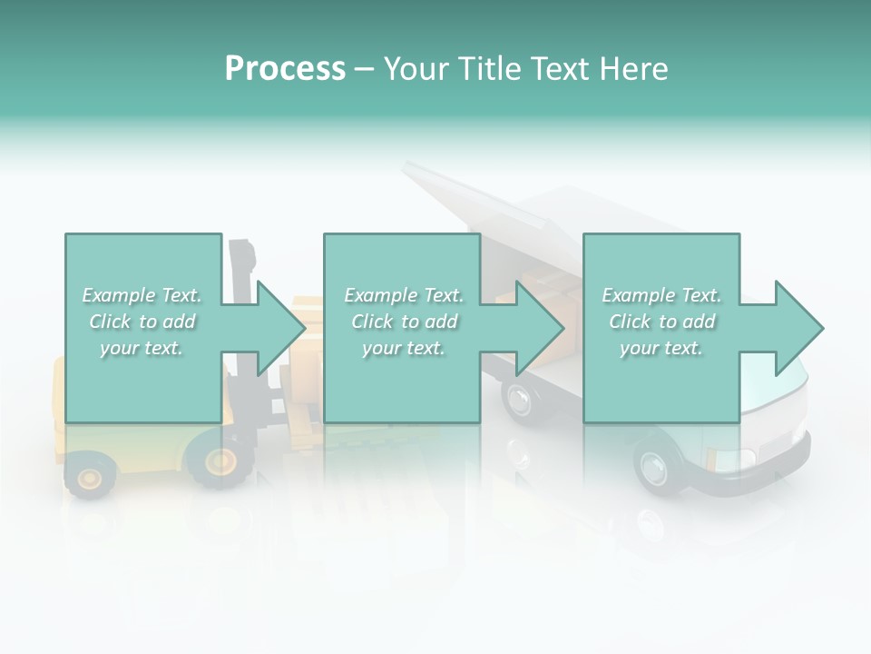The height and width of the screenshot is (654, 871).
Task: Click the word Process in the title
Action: (285, 68)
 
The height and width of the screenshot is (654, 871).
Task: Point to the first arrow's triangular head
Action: (281, 328)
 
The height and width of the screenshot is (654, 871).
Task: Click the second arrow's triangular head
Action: (541, 328)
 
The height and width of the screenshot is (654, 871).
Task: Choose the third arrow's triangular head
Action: (799, 328)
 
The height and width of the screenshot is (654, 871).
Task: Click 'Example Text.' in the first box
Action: (142, 295)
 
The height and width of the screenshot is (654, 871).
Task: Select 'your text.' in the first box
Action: (142, 348)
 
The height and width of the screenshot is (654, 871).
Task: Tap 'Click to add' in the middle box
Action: (404, 322)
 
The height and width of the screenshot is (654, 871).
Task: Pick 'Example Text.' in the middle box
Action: (404, 295)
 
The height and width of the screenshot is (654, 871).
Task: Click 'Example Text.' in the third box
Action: (661, 295)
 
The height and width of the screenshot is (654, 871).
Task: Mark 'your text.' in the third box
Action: (661, 348)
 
